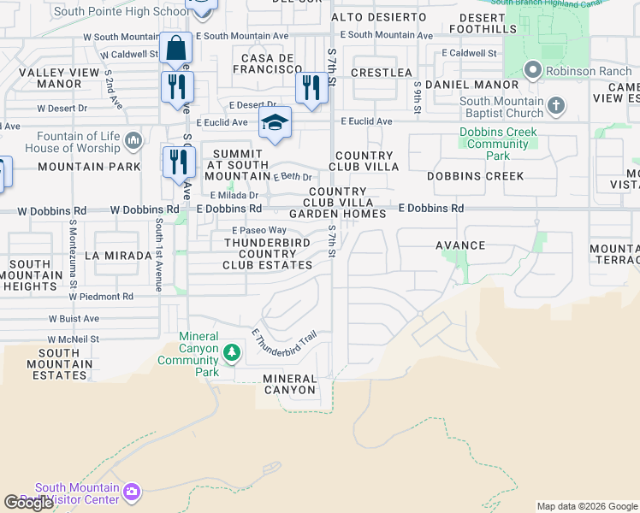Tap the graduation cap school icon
click(276, 122)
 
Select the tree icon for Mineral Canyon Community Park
click(231, 352)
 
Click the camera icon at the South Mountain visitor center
click(131, 491)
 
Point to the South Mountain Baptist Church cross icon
click(556, 106)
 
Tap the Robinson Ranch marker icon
click(532, 69)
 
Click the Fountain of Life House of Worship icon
click(133, 140)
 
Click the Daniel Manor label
click(461, 85)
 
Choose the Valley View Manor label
click(49, 79)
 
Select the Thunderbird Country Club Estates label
click(268, 254)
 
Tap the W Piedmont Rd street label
click(102, 297)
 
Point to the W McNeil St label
click(74, 339)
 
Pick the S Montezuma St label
click(74, 255)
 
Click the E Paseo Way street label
click(259, 230)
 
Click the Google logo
click(28, 503)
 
